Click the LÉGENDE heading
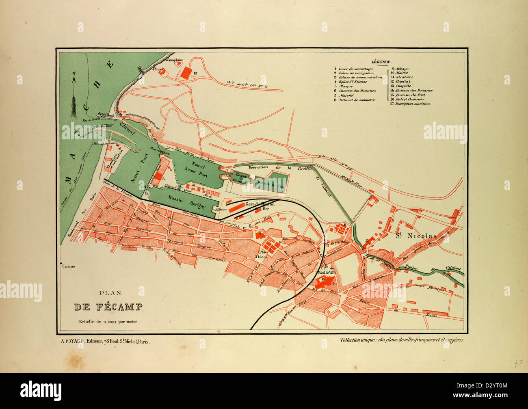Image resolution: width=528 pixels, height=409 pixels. [381, 62]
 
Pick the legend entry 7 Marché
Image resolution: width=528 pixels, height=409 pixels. [346, 95]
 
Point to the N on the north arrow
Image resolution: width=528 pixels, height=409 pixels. [74, 74]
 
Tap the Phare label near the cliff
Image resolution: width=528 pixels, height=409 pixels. [158, 69]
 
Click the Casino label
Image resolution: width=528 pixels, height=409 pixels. [68, 266]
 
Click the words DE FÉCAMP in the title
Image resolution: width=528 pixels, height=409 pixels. [108, 307]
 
